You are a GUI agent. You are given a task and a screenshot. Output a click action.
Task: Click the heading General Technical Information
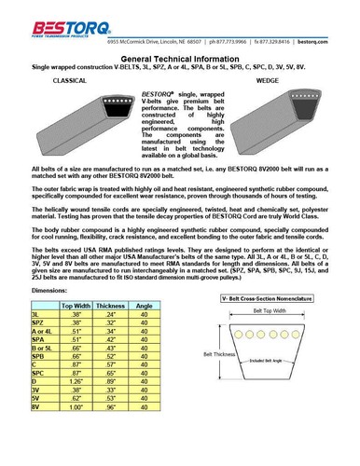coord(180,58)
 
